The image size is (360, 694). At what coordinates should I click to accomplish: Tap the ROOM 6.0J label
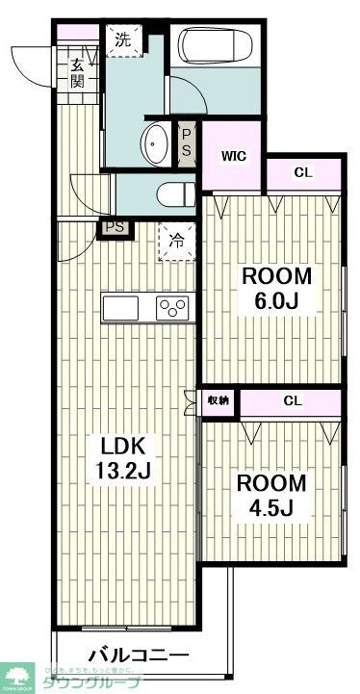click(x=276, y=286)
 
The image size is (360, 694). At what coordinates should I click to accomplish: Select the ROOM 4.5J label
click(x=272, y=493)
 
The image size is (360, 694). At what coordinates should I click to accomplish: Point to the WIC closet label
click(x=234, y=156)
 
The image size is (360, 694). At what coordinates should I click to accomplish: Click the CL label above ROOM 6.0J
click(x=303, y=173)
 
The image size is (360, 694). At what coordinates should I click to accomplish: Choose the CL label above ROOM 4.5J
click(x=291, y=399)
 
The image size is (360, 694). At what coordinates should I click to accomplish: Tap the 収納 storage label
click(x=219, y=400)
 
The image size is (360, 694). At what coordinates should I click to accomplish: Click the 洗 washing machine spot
click(x=123, y=40)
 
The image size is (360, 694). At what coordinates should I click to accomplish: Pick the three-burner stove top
click(x=173, y=309)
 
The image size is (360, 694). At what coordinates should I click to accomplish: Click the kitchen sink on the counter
click(x=121, y=308)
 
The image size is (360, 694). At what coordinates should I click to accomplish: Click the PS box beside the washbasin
click(x=187, y=144)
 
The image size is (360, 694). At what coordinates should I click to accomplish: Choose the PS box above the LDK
click(x=115, y=227)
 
